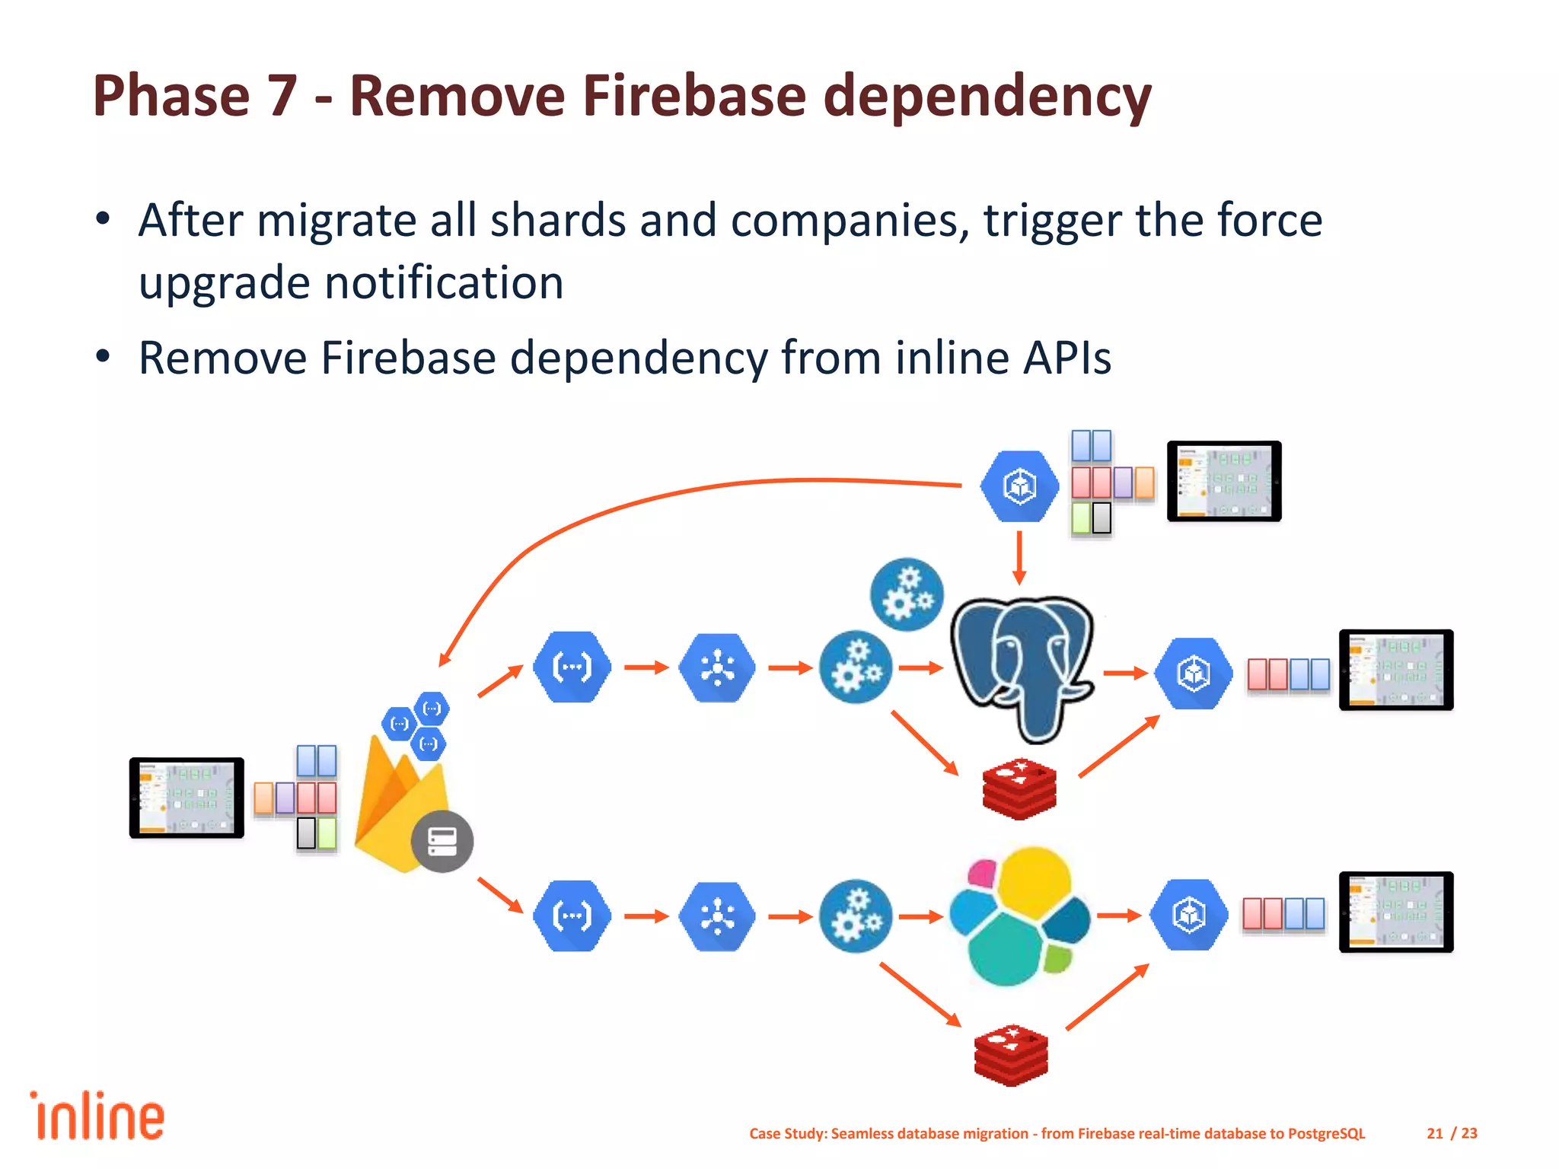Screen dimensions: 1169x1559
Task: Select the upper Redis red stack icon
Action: click(1019, 788)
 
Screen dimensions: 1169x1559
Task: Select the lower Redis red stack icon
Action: click(1011, 1055)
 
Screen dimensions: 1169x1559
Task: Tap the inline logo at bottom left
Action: click(97, 1116)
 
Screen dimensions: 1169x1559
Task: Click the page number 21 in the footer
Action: click(1434, 1133)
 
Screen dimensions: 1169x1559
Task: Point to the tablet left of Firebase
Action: click(187, 798)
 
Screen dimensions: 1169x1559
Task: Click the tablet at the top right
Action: click(1224, 481)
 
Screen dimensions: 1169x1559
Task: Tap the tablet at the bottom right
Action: click(1396, 912)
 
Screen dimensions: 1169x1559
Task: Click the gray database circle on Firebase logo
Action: click(442, 841)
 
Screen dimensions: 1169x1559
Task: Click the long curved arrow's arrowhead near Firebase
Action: click(445, 659)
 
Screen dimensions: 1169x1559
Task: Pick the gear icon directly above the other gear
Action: click(907, 594)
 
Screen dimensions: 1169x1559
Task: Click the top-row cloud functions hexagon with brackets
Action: click(572, 667)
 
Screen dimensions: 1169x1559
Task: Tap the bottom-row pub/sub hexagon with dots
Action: click(717, 916)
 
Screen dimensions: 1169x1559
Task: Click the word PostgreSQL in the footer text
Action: click(1326, 1133)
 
